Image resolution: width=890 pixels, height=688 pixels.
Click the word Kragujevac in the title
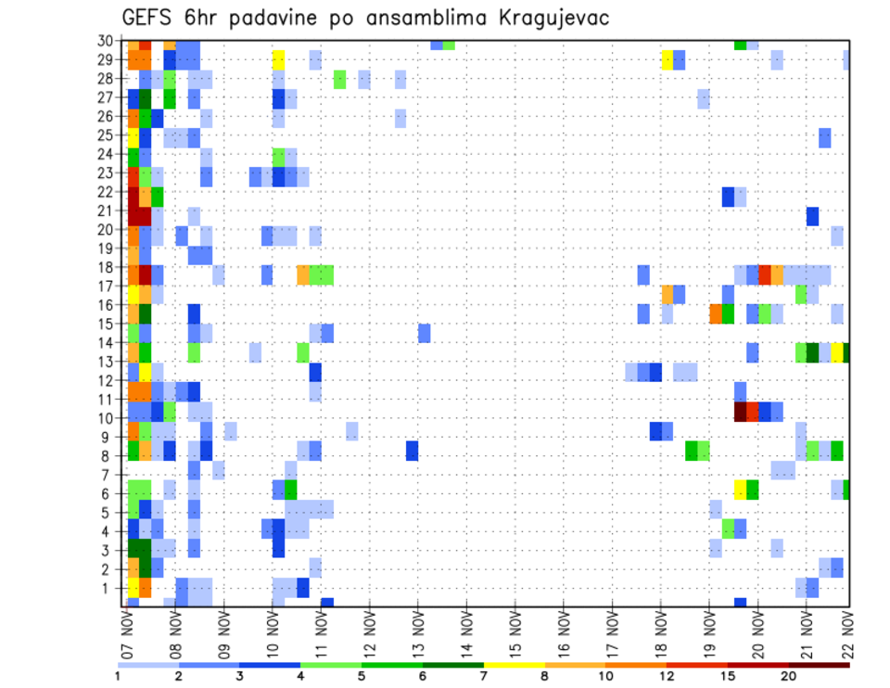[549, 19]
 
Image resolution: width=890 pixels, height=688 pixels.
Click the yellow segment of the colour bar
[514, 665]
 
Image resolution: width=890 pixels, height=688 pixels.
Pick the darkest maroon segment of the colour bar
[819, 665]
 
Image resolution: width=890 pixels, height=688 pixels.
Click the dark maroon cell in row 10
[740, 411]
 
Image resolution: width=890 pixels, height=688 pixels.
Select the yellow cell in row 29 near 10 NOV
[278, 59]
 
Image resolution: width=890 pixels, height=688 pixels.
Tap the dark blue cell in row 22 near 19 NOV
[728, 197]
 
